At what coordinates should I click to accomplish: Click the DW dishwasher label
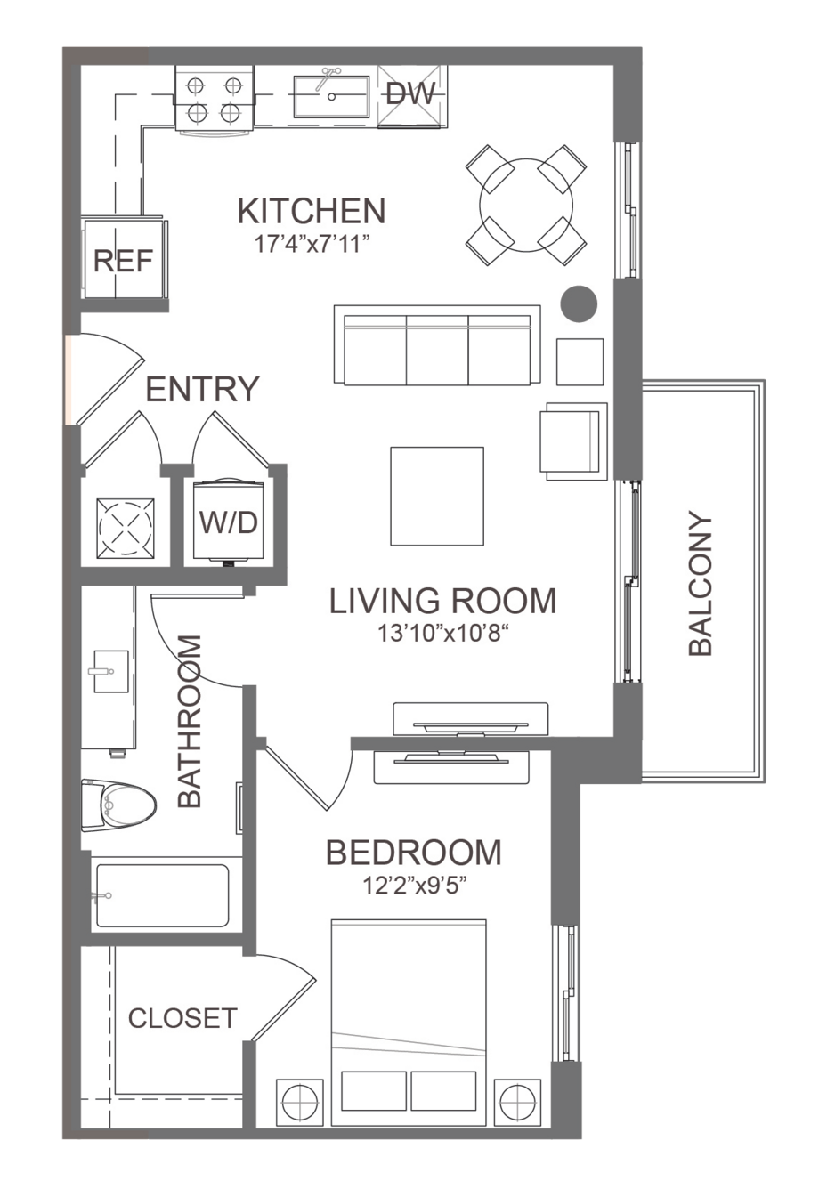[410, 94]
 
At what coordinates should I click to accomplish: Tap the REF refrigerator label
[123, 261]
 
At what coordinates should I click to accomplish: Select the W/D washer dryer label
[229, 522]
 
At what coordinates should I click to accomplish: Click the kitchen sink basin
[332, 96]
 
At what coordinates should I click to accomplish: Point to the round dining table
[526, 205]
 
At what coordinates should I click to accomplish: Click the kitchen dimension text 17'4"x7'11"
[312, 245]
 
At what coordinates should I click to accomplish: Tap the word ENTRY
[202, 389]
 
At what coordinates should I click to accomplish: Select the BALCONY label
[700, 583]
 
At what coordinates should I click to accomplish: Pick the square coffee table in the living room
[437, 496]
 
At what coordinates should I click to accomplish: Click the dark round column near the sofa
[580, 304]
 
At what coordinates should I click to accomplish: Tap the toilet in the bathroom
[118, 805]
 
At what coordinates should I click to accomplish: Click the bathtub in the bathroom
[162, 896]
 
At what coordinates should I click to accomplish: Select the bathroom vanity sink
[111, 671]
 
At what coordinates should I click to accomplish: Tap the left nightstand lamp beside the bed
[300, 1102]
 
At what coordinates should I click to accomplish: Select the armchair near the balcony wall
[573, 441]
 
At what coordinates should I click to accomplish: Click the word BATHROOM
[190, 721]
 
